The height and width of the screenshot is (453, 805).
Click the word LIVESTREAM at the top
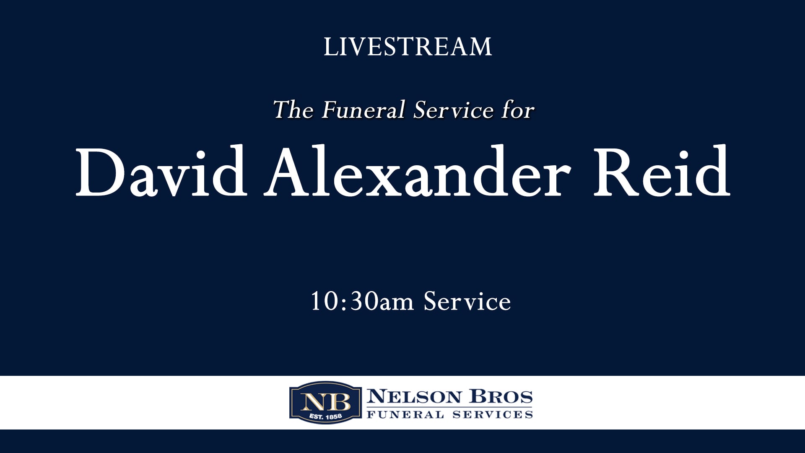pos(408,47)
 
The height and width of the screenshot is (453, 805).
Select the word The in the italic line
pos(293,110)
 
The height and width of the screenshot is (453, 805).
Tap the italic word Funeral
pos(364,110)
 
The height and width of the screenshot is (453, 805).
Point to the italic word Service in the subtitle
pos(453,110)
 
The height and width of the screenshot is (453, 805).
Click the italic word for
pos(518,110)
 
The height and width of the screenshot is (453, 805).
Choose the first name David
pos(161,172)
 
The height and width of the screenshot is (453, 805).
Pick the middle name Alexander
pos(417,172)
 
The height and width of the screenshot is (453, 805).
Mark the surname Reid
pos(662,172)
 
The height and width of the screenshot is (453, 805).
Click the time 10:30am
pos(362,302)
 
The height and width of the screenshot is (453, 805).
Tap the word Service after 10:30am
pos(467,302)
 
